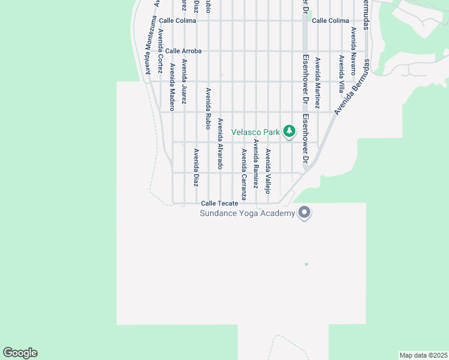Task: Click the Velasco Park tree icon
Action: [x=289, y=131]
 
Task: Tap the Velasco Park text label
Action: [x=256, y=131]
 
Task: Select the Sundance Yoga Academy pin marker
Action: [x=304, y=212]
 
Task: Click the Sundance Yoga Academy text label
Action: [x=247, y=214]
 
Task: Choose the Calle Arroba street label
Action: [x=184, y=51]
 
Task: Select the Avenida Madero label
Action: [x=172, y=87]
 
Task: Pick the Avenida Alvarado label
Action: [x=220, y=143]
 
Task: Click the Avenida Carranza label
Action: [x=244, y=174]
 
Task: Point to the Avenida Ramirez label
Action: [x=256, y=164]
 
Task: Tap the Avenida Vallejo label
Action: [x=268, y=171]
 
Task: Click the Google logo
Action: [x=20, y=353]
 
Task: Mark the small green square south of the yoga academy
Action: [x=306, y=264]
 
